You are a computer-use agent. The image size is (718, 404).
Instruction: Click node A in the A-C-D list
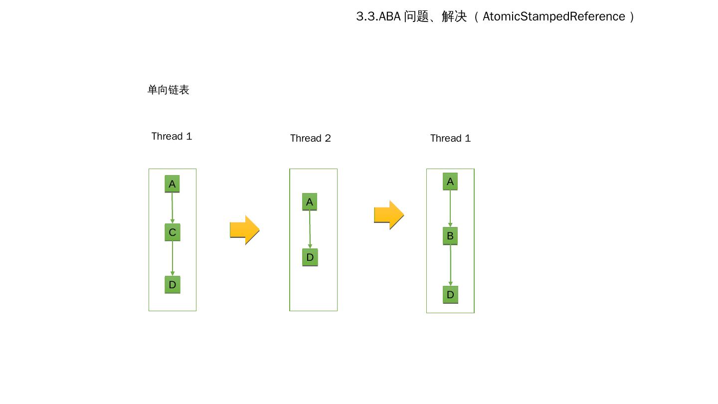172,184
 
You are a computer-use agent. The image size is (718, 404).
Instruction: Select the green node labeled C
172,232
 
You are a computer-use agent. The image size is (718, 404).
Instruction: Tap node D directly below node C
172,285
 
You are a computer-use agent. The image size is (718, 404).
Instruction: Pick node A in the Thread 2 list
310,202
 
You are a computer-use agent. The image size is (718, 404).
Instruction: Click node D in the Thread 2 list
310,257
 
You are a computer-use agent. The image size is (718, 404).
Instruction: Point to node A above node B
450,182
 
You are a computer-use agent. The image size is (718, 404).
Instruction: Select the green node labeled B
450,236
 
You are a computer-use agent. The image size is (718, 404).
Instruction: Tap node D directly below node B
450,295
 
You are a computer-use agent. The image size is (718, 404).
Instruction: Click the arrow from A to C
172,208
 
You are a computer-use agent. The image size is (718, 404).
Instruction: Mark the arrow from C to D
173,258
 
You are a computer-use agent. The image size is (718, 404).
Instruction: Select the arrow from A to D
310,229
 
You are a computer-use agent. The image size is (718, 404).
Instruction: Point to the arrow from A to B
450,208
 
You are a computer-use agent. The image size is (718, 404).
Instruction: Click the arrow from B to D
451,265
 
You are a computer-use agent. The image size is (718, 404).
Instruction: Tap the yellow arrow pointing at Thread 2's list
244,229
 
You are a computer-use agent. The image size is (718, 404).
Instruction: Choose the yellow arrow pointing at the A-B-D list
388,215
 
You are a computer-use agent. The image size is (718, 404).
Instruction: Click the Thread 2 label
310,138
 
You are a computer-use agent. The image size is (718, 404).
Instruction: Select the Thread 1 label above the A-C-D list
172,136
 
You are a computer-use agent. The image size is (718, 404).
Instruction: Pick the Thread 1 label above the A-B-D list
450,138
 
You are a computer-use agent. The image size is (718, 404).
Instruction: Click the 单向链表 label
169,90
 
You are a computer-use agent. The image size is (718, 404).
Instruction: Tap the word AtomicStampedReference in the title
553,16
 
